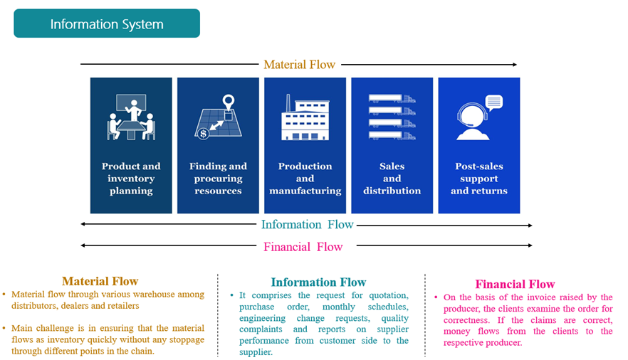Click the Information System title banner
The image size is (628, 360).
[107, 24]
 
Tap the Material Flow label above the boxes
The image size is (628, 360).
[299, 65]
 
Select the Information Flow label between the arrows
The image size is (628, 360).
[307, 225]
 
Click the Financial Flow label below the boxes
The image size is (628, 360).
[303, 247]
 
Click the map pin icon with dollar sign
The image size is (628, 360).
[218, 117]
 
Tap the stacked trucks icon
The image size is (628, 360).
[392, 117]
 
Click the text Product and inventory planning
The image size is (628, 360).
[131, 179]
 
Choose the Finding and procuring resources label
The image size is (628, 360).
[218, 179]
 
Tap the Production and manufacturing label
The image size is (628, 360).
[305, 179]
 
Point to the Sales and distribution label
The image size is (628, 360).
[392, 179]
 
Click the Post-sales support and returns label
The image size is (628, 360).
[478, 179]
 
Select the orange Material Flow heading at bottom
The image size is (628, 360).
[100, 281]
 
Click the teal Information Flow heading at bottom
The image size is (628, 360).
[318, 282]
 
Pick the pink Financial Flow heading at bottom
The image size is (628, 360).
[515, 285]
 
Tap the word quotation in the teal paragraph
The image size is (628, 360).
[387, 295]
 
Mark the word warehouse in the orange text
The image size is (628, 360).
[147, 295]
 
